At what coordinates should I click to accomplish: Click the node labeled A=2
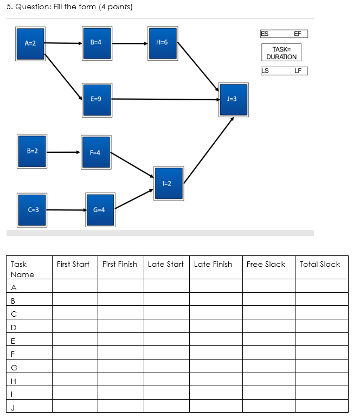tap(30, 42)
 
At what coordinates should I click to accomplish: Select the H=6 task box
tap(162, 42)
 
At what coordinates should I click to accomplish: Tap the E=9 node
tap(97, 100)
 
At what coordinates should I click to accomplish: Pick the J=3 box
tap(233, 99)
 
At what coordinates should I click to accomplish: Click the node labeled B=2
tap(32, 150)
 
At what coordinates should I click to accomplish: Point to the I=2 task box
tap(168, 183)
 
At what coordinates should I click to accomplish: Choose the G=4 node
tap(100, 209)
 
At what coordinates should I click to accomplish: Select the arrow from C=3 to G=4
tap(66, 210)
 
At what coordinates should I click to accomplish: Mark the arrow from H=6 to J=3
tap(198, 65)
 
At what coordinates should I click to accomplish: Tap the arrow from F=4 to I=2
tap(132, 164)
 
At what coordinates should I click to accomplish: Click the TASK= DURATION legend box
tap(281, 53)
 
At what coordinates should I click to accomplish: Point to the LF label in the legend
tap(298, 70)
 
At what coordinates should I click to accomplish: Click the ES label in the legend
tap(265, 34)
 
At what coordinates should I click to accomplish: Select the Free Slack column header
tap(266, 264)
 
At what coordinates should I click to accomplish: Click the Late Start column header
tap(166, 264)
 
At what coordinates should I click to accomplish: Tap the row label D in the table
tap(14, 327)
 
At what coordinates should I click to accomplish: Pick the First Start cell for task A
tap(75, 286)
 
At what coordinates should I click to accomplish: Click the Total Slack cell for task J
tap(321, 406)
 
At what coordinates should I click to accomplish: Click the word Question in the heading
tap(33, 7)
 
